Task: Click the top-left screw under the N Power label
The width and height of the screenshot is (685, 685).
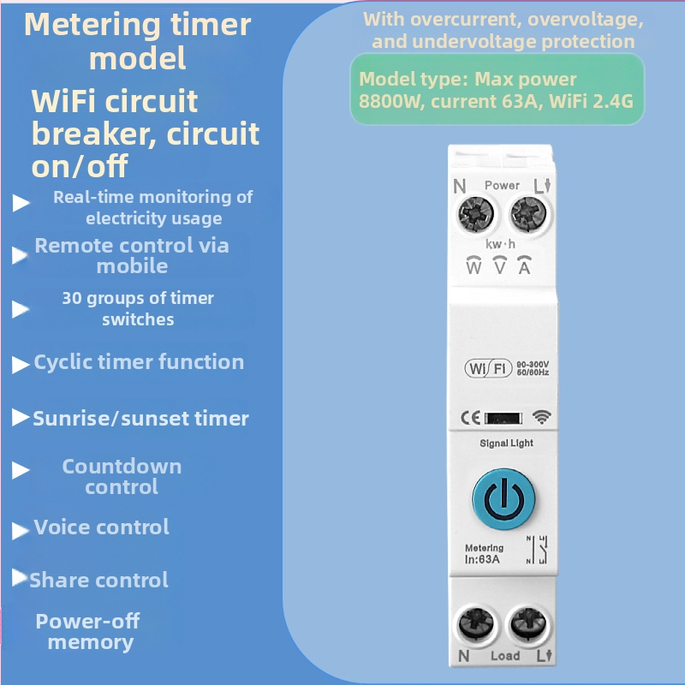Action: point(476,214)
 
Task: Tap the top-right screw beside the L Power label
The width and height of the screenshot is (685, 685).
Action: point(528,214)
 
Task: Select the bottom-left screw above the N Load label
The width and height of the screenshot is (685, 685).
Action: point(476,624)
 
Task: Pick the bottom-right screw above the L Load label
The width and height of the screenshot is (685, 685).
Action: point(528,624)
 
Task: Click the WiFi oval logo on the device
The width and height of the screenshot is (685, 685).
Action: point(488,368)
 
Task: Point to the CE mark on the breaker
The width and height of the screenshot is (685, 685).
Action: point(470,418)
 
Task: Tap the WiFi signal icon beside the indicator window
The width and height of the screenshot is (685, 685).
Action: point(542,417)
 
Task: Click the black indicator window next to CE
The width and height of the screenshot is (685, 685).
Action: point(503,418)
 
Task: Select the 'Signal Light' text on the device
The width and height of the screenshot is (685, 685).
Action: point(506,443)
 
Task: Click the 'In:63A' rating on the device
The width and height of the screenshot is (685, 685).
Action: point(482,559)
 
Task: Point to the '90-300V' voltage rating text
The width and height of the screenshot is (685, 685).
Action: point(533,365)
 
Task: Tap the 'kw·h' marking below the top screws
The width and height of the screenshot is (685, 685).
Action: point(500,244)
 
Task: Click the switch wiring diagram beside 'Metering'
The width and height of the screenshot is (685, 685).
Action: point(538,550)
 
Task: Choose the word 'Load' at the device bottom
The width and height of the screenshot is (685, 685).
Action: point(505,656)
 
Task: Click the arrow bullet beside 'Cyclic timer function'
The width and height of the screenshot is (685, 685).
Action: point(20,365)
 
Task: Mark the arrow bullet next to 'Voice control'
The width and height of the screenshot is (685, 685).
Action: point(20,530)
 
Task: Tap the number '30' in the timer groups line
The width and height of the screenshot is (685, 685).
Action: point(72,298)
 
